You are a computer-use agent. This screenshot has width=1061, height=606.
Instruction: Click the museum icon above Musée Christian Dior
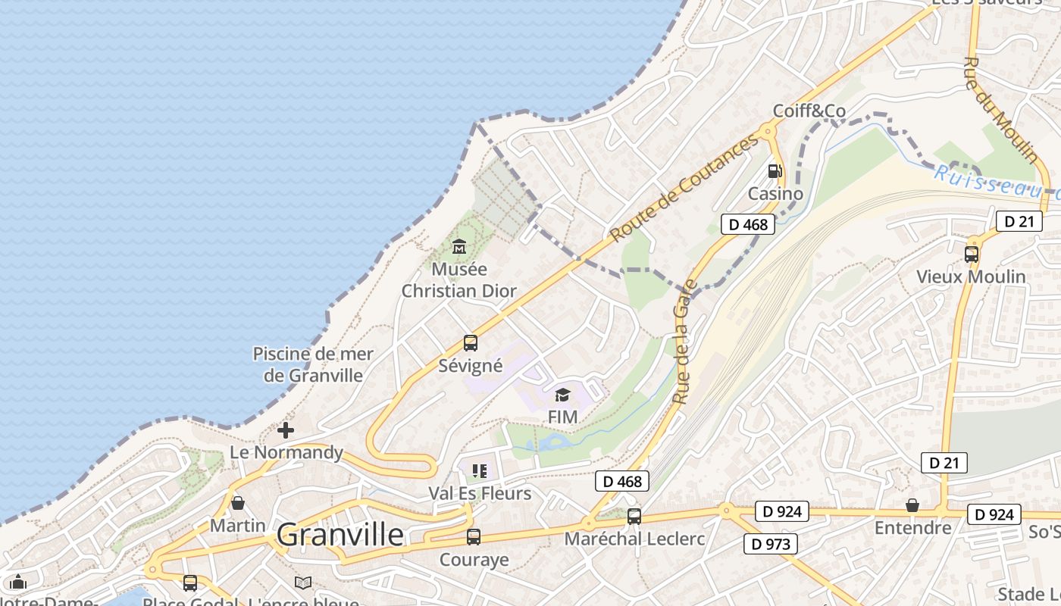(x=459, y=246)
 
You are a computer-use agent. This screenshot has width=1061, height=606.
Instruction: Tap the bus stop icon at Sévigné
(x=471, y=343)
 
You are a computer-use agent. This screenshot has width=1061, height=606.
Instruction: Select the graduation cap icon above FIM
(x=562, y=394)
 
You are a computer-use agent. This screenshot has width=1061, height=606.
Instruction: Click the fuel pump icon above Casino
(x=775, y=171)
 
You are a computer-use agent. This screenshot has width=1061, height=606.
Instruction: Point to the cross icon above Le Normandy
(x=286, y=430)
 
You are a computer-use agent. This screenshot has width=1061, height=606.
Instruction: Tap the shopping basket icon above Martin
(x=238, y=503)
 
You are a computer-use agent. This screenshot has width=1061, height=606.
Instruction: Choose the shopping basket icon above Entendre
(x=912, y=505)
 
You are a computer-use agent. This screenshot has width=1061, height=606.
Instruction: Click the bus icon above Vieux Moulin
(x=972, y=254)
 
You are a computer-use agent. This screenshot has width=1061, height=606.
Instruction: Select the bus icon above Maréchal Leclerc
(x=634, y=517)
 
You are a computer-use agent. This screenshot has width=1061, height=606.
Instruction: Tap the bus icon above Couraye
(x=474, y=537)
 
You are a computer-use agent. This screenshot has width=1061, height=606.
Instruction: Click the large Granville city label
(x=340, y=535)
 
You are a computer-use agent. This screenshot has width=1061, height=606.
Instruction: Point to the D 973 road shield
(x=771, y=544)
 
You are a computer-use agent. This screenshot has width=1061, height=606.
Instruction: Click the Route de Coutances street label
(x=684, y=189)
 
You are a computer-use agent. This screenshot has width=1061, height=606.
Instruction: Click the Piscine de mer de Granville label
(x=308, y=364)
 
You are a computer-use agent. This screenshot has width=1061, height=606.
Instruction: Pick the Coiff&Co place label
(x=809, y=111)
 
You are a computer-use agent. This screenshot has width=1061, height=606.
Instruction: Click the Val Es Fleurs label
(x=480, y=494)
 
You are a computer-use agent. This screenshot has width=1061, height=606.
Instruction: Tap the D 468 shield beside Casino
(x=748, y=224)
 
